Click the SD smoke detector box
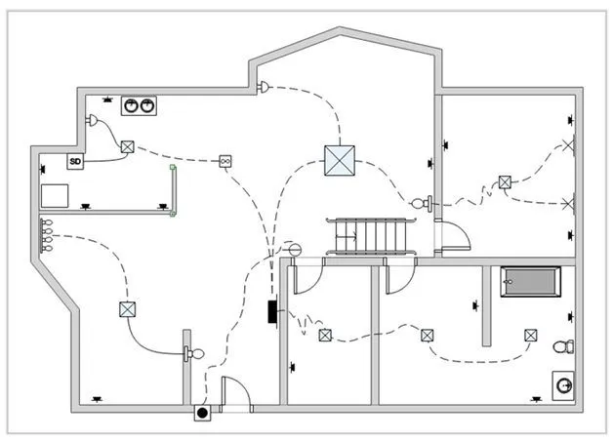(x=75, y=161)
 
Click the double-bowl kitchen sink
(x=139, y=105)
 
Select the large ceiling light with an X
(x=340, y=161)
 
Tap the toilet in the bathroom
(x=564, y=346)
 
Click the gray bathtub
(x=530, y=282)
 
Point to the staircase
(x=370, y=236)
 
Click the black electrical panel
(x=272, y=311)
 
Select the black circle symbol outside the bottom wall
(x=202, y=413)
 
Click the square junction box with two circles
(x=225, y=161)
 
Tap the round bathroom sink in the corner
(x=563, y=385)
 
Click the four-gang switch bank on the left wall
(x=46, y=235)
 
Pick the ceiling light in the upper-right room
(x=505, y=182)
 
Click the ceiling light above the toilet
(x=530, y=336)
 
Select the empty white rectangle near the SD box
(x=55, y=196)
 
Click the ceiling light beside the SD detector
(x=128, y=147)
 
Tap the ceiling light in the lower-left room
(x=128, y=309)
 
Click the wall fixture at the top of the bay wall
(x=264, y=87)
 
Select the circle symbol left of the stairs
(x=295, y=249)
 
